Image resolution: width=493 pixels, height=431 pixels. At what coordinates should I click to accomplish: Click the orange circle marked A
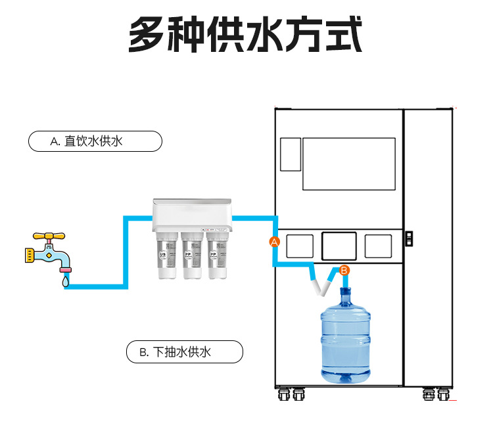click(x=275, y=242)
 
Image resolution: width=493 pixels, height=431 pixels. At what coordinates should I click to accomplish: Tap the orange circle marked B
click(x=344, y=269)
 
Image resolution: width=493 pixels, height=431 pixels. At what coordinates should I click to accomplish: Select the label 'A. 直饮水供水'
click(x=95, y=141)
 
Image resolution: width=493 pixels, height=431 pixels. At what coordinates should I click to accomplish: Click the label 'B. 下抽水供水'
click(x=184, y=352)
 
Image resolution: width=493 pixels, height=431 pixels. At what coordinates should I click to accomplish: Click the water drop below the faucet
click(x=64, y=281)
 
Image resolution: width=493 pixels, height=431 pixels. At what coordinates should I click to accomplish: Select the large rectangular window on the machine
click(x=348, y=164)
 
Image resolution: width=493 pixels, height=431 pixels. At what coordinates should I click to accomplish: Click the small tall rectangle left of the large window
click(x=290, y=154)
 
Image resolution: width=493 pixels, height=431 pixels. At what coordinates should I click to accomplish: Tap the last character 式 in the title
click(x=344, y=35)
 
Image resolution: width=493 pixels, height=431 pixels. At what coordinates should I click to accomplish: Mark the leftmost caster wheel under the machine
click(x=284, y=395)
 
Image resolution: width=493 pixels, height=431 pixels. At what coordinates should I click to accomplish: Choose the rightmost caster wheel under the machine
click(x=443, y=395)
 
